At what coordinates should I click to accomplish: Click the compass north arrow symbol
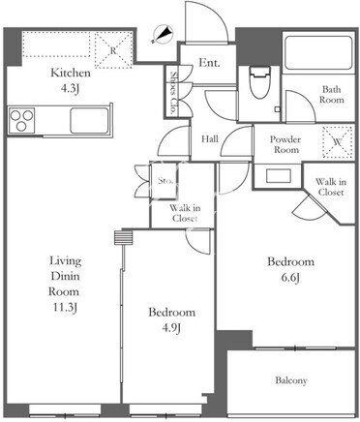point(164,34)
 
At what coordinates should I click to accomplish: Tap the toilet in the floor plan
point(259,82)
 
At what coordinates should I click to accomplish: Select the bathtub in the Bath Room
point(318,52)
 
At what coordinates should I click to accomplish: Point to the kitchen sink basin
point(90,120)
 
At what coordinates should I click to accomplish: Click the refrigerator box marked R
point(113,50)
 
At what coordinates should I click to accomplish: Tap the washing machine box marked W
point(338,142)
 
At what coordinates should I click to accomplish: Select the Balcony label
point(291,380)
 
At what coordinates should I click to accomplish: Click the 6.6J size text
point(290,278)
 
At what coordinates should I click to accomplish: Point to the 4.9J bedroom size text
point(171,328)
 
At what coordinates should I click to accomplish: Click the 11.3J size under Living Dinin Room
point(65,308)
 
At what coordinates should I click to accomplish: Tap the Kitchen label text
point(71,73)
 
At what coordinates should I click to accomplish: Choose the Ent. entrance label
point(209,63)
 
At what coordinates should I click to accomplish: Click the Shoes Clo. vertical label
point(174,93)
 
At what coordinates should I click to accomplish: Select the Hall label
point(210,139)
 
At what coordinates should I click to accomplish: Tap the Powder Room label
point(285,144)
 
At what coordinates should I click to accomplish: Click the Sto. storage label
point(165,181)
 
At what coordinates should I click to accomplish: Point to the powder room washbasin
point(279,176)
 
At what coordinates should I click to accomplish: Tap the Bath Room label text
point(332,94)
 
